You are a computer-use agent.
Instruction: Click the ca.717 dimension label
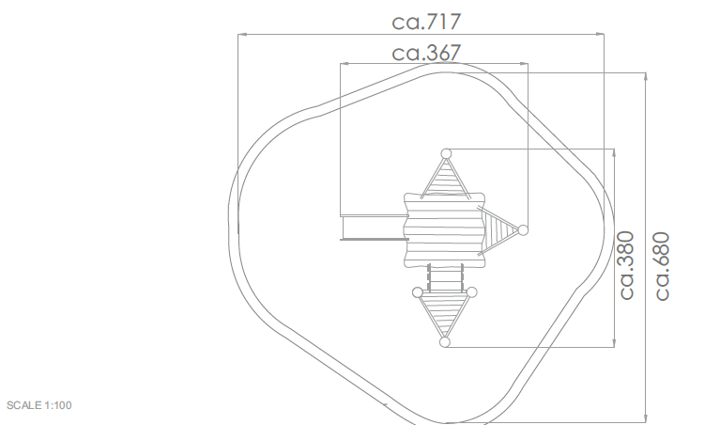pyautogui.click(x=426, y=22)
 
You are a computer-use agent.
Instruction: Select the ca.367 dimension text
pyautogui.click(x=426, y=53)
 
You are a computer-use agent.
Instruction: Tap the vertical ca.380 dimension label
pyautogui.click(x=627, y=265)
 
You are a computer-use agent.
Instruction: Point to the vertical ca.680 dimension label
pyautogui.click(x=662, y=266)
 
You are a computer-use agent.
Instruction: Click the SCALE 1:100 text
pyautogui.click(x=39, y=405)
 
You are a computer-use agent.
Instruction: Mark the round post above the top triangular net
pyautogui.click(x=446, y=153)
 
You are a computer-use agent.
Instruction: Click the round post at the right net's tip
pyautogui.click(x=523, y=230)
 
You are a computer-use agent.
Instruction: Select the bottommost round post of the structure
pyautogui.click(x=445, y=342)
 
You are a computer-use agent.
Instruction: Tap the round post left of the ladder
pyautogui.click(x=418, y=292)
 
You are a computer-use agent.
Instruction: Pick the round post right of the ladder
pyautogui.click(x=471, y=292)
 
